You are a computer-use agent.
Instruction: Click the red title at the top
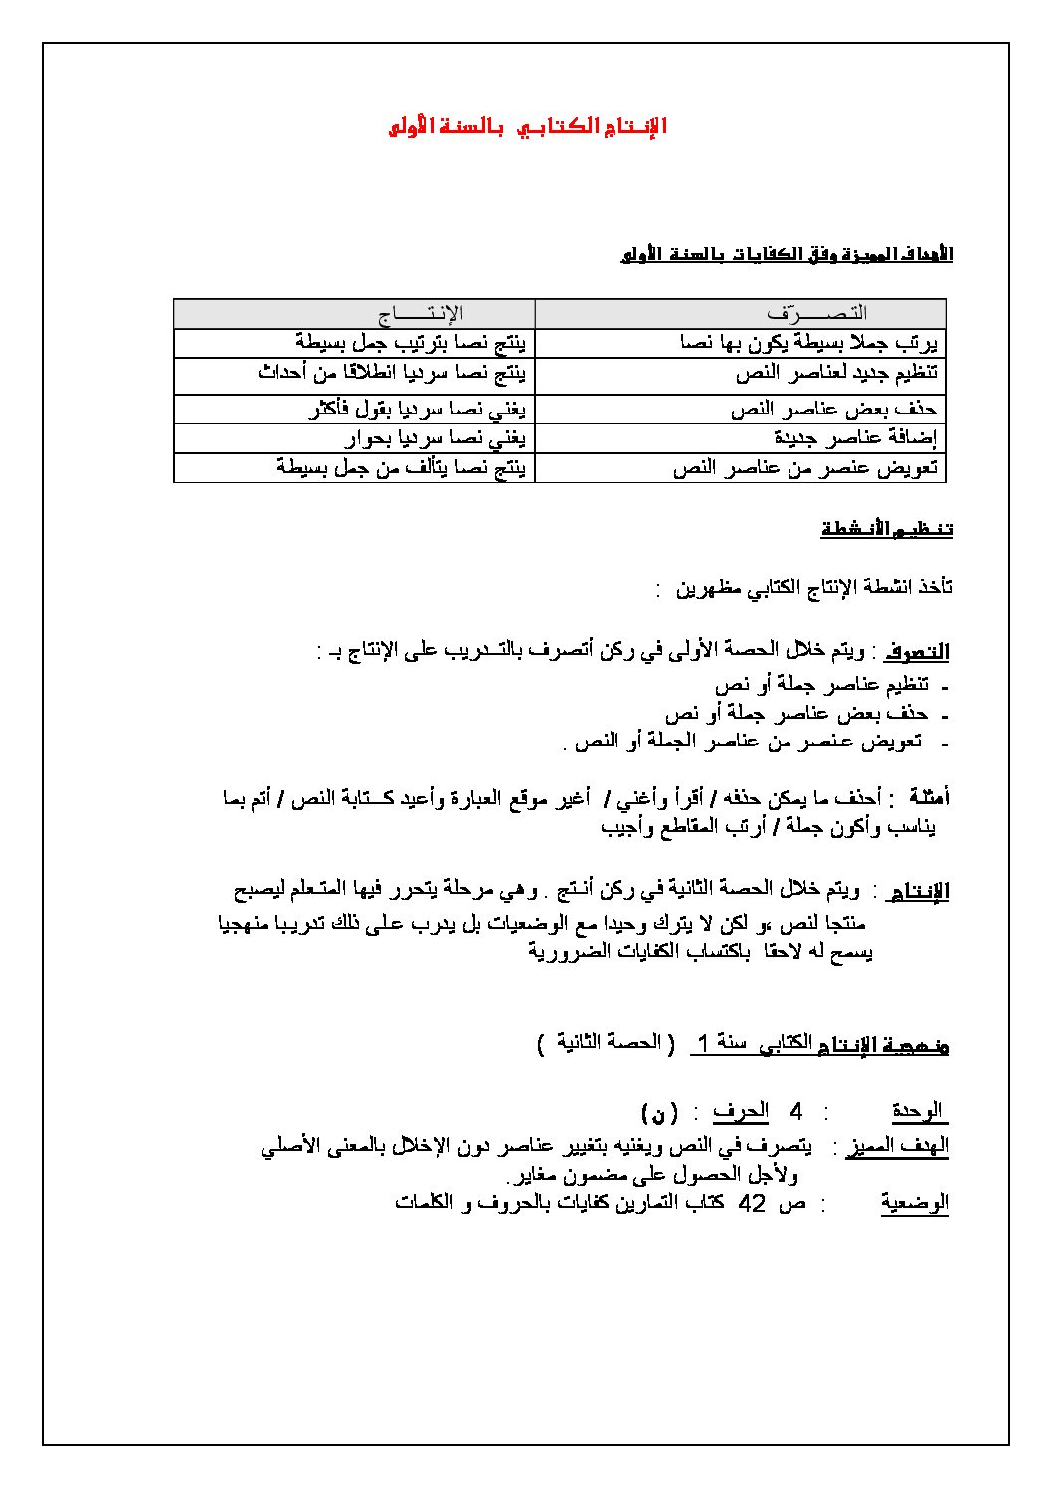click(x=527, y=127)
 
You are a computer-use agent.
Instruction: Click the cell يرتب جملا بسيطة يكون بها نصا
click(x=809, y=344)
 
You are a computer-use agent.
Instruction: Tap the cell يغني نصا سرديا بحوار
click(x=437, y=438)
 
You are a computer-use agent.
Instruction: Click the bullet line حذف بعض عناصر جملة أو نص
click(x=795, y=714)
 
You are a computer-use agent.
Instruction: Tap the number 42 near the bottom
click(x=752, y=1202)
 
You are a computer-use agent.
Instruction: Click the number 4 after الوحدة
click(x=794, y=1111)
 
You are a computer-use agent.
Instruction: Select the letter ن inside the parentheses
click(x=660, y=1111)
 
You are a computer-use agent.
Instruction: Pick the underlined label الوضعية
click(x=914, y=1203)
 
